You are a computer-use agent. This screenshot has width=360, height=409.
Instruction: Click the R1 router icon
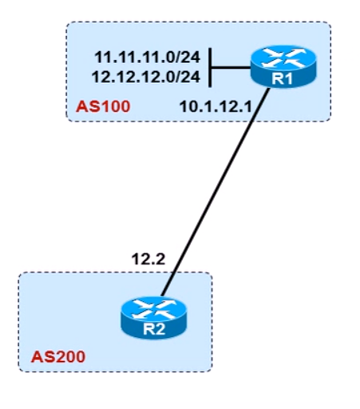point(283,66)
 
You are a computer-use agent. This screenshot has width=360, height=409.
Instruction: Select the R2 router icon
point(154,317)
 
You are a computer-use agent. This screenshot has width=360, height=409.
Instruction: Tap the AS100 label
point(103,106)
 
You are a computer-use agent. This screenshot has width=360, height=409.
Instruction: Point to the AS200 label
point(58,357)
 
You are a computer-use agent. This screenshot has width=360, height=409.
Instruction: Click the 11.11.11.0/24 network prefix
point(147,57)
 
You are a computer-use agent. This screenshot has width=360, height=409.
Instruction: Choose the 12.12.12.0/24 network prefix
point(146,77)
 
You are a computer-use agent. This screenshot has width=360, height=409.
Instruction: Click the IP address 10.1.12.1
point(216,107)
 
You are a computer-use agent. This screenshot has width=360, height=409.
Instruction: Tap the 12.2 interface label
point(148,259)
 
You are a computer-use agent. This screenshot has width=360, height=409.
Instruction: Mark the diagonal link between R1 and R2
point(216,193)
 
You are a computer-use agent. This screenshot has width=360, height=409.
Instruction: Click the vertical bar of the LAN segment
point(211,68)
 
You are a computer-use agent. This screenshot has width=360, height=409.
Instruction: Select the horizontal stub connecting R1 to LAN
point(231,68)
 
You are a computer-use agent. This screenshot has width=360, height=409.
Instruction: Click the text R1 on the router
point(283,79)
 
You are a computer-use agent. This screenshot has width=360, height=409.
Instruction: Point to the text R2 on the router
point(154,329)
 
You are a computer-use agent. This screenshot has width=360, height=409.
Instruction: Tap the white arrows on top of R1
point(283,58)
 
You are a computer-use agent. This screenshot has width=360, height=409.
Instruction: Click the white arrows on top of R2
point(154,309)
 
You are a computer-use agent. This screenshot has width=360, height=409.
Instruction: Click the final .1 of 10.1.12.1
point(246,107)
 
